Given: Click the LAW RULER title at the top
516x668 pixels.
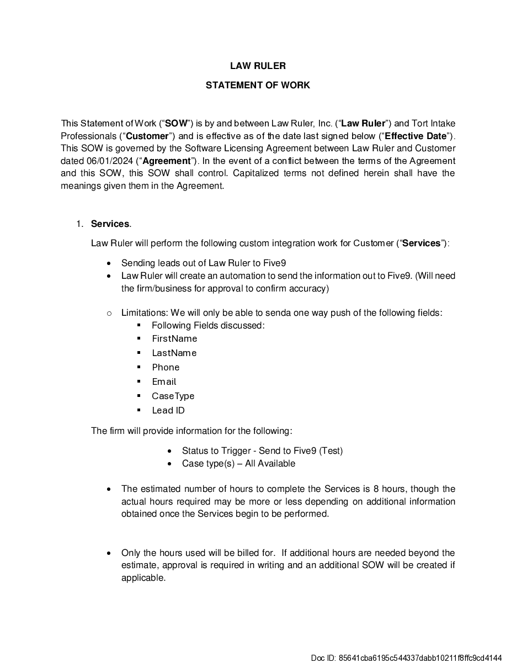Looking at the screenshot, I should point(258,66).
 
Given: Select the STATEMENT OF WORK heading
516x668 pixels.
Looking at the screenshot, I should point(258,85).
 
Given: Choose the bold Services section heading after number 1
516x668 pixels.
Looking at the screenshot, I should point(110,224).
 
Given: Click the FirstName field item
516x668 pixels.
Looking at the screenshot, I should point(174,338).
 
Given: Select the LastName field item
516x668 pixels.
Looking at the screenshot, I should point(174,353).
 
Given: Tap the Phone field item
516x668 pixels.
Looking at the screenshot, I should point(166,367).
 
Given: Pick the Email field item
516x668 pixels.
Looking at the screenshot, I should point(164,381).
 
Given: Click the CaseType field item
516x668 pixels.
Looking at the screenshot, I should point(173,396).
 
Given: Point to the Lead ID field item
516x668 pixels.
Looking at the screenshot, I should point(168,410).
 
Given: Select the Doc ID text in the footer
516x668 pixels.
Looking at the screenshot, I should point(406,658).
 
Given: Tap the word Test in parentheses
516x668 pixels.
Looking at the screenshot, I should point(331,450).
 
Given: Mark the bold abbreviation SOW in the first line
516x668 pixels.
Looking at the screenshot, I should point(176,123).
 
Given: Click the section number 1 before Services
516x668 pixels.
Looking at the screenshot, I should point(79,224).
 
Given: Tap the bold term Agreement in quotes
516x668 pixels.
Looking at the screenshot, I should point(166,161).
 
